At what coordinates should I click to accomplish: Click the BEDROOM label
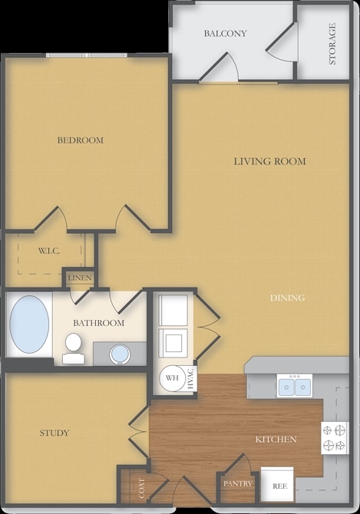tap(81, 140)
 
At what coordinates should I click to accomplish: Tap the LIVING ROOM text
tap(270, 161)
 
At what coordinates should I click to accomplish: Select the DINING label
tap(288, 298)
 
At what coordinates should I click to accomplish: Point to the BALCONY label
tap(225, 34)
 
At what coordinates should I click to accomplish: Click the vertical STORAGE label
tap(332, 44)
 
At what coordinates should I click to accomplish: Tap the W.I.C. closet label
tap(49, 252)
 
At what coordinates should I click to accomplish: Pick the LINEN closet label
tap(80, 278)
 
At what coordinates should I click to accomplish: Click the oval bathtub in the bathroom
tap(29, 325)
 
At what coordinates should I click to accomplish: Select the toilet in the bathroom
tap(73, 348)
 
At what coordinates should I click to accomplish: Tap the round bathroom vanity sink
tap(120, 354)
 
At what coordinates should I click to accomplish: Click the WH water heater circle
tap(173, 378)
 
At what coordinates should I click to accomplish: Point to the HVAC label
tap(191, 379)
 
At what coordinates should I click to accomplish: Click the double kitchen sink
tap(295, 386)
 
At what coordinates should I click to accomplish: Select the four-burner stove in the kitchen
tap(335, 437)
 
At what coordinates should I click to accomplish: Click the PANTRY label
tap(238, 483)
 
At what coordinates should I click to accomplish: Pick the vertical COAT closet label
tap(141, 488)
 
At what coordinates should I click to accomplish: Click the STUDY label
tap(54, 433)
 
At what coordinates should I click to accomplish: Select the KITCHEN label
tap(276, 440)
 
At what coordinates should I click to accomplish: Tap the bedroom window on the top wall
tap(87, 55)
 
